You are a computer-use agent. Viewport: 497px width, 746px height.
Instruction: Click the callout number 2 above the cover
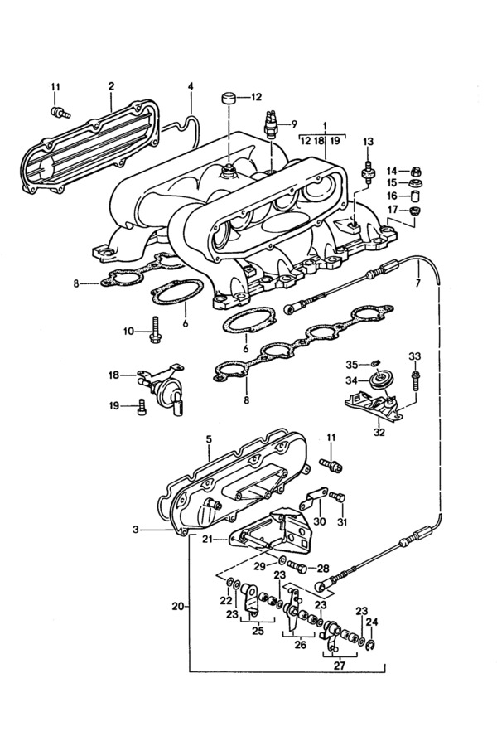pyautogui.click(x=111, y=86)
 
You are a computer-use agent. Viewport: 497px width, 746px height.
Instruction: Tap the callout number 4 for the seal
pyautogui.click(x=191, y=86)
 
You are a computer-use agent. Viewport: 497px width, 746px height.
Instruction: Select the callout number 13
pyautogui.click(x=368, y=142)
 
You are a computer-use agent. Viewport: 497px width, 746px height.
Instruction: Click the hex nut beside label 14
pyautogui.click(x=416, y=170)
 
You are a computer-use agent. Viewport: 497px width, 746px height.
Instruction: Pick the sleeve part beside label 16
pyautogui.click(x=416, y=196)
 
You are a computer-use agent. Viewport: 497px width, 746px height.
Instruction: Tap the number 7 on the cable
pyautogui.click(x=417, y=284)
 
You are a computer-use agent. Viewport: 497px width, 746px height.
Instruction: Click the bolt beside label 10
pyautogui.click(x=155, y=329)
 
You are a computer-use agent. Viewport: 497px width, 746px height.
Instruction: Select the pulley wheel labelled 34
pyautogui.click(x=380, y=381)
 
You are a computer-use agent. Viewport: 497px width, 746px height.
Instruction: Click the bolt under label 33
pyautogui.click(x=414, y=381)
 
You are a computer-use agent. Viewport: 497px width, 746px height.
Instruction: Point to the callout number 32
pyautogui.click(x=379, y=432)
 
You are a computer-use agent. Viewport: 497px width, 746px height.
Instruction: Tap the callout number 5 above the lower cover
pyautogui.click(x=208, y=439)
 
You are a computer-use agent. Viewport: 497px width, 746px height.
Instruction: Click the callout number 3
pyautogui.click(x=137, y=529)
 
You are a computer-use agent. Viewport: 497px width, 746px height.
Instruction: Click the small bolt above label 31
pyautogui.click(x=337, y=497)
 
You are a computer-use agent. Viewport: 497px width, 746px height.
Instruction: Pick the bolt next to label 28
pyautogui.click(x=297, y=567)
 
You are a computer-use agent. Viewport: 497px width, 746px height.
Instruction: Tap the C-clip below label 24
pyautogui.click(x=371, y=644)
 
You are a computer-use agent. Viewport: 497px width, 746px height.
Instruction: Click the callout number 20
pyautogui.click(x=178, y=607)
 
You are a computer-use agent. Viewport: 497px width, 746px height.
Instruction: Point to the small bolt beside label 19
pyautogui.click(x=142, y=407)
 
